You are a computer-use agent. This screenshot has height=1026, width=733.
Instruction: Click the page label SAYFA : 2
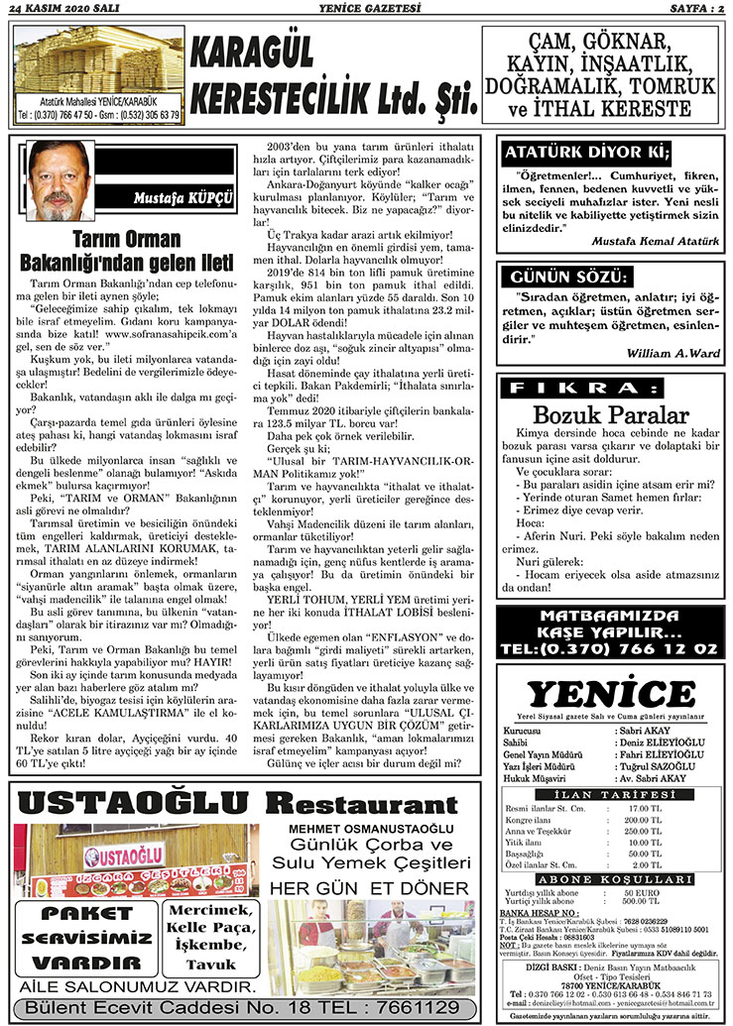tap(690, 9)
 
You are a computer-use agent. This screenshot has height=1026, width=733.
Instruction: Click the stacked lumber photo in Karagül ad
tap(97, 66)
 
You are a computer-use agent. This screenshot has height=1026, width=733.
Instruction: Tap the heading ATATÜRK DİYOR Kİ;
tap(587, 153)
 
